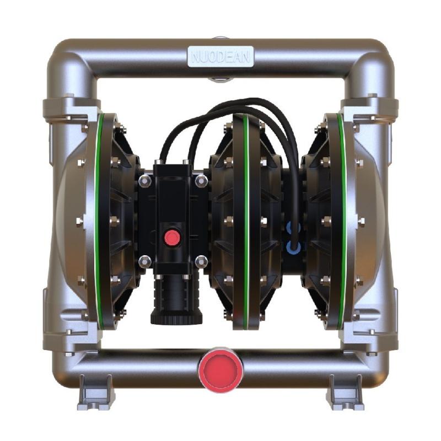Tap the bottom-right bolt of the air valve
pyautogui.click(x=202, y=260)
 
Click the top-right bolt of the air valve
pyautogui.click(x=202, y=180)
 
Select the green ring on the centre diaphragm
pyautogui.click(x=246, y=220)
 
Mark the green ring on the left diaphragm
pyautogui.click(x=98, y=220)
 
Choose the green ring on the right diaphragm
pyautogui.click(x=342, y=220)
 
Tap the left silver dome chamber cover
pyautogui.click(x=69, y=220)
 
